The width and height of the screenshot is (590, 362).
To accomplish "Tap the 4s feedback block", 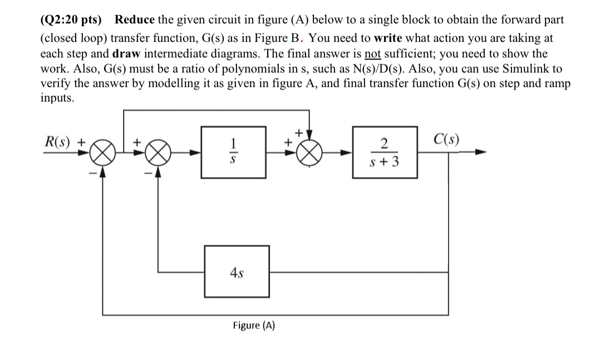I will click(237, 272).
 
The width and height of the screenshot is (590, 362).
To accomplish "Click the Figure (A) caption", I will click(254, 325).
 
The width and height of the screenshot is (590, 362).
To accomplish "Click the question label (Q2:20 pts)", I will click(71, 20).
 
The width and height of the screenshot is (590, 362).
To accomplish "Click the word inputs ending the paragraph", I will click(57, 97).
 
